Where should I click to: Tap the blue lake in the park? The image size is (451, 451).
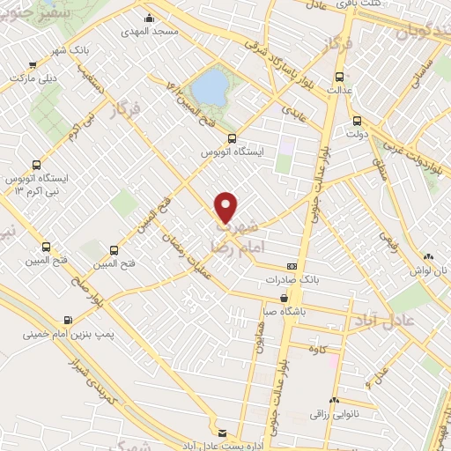point(209,86)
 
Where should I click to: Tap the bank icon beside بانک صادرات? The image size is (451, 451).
point(292,266)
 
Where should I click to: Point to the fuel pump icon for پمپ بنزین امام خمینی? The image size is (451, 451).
point(67,321)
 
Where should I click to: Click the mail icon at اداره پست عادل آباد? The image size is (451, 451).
point(221,433)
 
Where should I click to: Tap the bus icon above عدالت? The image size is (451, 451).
point(340,76)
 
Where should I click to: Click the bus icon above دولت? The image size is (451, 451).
point(357,121)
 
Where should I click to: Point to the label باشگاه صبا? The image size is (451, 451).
point(293,310)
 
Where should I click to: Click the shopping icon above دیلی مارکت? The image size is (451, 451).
point(33,63)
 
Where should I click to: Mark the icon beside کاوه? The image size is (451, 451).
point(298,350)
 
